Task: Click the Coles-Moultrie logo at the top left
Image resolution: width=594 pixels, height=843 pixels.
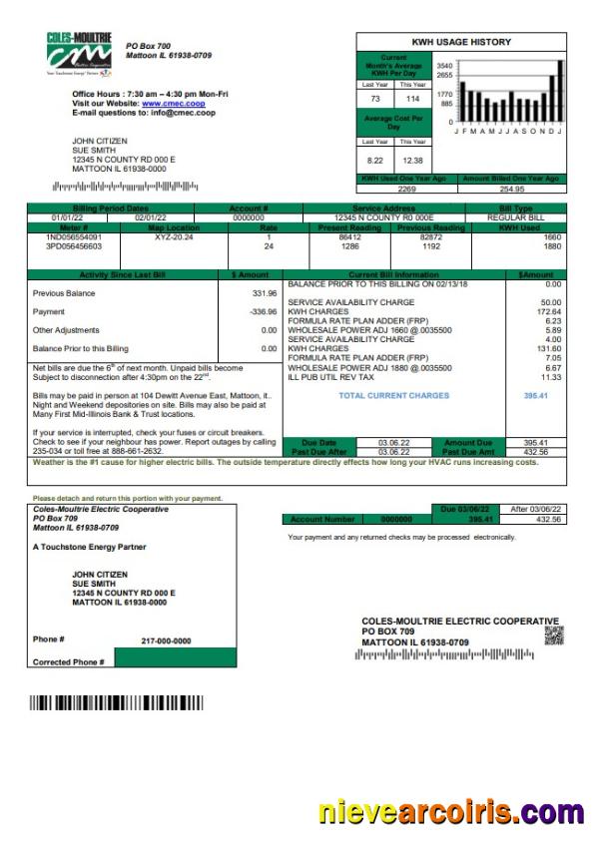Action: click(79, 52)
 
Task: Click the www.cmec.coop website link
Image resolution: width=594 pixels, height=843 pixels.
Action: click(173, 103)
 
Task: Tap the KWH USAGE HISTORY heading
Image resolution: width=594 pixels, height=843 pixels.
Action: click(461, 42)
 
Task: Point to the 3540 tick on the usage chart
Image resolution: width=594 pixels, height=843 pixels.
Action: click(445, 65)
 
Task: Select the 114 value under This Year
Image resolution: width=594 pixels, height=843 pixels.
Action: click(411, 99)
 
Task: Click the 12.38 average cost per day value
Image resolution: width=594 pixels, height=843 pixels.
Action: click(411, 160)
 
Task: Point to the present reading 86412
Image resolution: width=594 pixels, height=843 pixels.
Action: click(350, 236)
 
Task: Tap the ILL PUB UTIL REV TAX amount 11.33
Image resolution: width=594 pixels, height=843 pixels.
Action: click(550, 377)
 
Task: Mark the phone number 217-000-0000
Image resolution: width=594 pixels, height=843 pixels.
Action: click(166, 640)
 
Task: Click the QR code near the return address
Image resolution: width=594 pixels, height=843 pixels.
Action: click(553, 634)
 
